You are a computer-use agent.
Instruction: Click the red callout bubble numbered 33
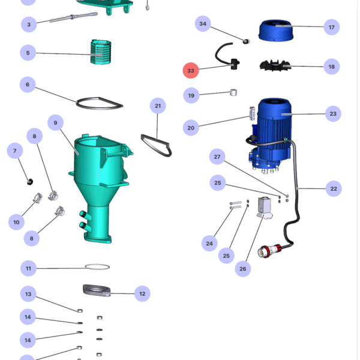click(191, 70)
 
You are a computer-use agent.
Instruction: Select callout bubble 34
click(203, 23)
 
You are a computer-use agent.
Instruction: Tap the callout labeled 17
click(332, 28)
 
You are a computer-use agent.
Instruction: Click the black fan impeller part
click(275, 65)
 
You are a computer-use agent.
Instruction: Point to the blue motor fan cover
click(276, 31)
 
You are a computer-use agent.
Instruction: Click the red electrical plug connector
click(269, 251)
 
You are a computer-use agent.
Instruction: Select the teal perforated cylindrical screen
click(101, 52)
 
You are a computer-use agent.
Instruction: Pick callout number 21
click(158, 106)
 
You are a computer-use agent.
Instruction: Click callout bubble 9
click(55, 122)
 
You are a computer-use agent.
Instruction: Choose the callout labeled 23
click(333, 113)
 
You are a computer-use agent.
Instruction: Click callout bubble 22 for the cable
click(334, 189)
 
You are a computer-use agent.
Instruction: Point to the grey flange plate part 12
click(97, 290)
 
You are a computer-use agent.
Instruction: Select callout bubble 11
click(28, 268)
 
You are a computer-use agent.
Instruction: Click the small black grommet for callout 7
click(30, 182)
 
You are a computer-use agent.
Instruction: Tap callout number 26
click(242, 269)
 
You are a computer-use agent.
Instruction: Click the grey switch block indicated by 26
click(264, 208)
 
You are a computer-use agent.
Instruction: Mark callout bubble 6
click(28, 85)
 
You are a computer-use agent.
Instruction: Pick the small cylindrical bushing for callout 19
click(233, 92)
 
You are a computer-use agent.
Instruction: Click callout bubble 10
click(16, 222)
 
